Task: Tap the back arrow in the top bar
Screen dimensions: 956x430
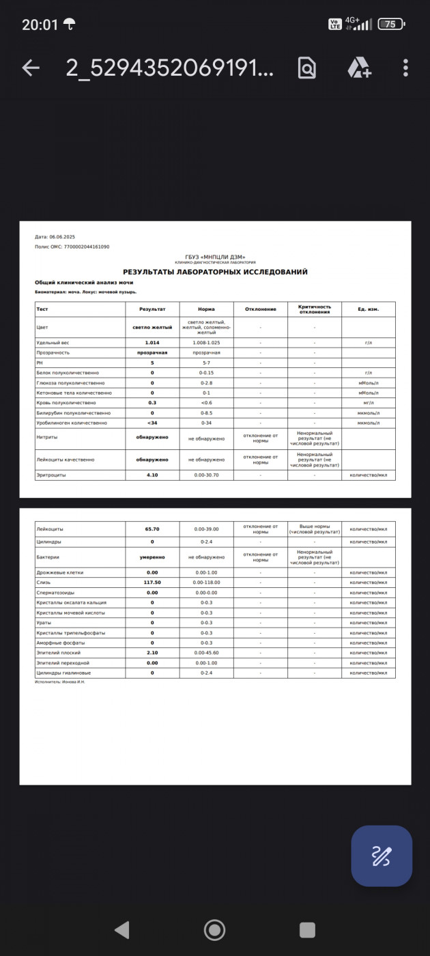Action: click(31, 68)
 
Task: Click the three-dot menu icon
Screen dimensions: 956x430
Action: click(405, 68)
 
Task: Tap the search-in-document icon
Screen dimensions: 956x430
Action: click(307, 68)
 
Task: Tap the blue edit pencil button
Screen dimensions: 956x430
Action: click(381, 856)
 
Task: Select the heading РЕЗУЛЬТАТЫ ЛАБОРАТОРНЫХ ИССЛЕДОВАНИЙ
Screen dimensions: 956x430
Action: click(215, 272)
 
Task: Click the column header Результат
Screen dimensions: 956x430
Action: click(152, 309)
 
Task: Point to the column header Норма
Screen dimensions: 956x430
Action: click(206, 309)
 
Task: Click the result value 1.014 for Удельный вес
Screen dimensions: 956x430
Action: click(152, 342)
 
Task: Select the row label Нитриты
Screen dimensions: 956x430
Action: click(47, 436)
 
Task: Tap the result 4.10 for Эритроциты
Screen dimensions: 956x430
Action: click(152, 475)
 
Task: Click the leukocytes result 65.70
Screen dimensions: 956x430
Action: click(152, 529)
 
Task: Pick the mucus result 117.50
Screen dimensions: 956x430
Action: click(152, 582)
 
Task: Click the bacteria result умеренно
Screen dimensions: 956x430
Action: click(152, 557)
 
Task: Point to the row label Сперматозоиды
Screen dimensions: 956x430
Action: click(55, 593)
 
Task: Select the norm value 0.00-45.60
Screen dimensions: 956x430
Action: click(206, 653)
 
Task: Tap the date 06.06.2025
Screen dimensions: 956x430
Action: click(62, 237)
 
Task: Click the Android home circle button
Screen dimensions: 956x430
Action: click(215, 929)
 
